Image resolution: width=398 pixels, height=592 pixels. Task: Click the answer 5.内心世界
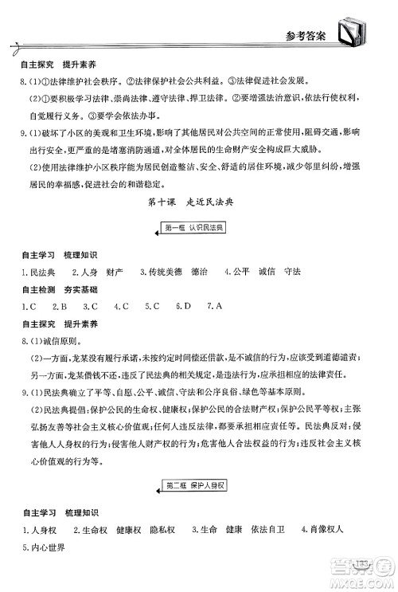click(43, 547)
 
